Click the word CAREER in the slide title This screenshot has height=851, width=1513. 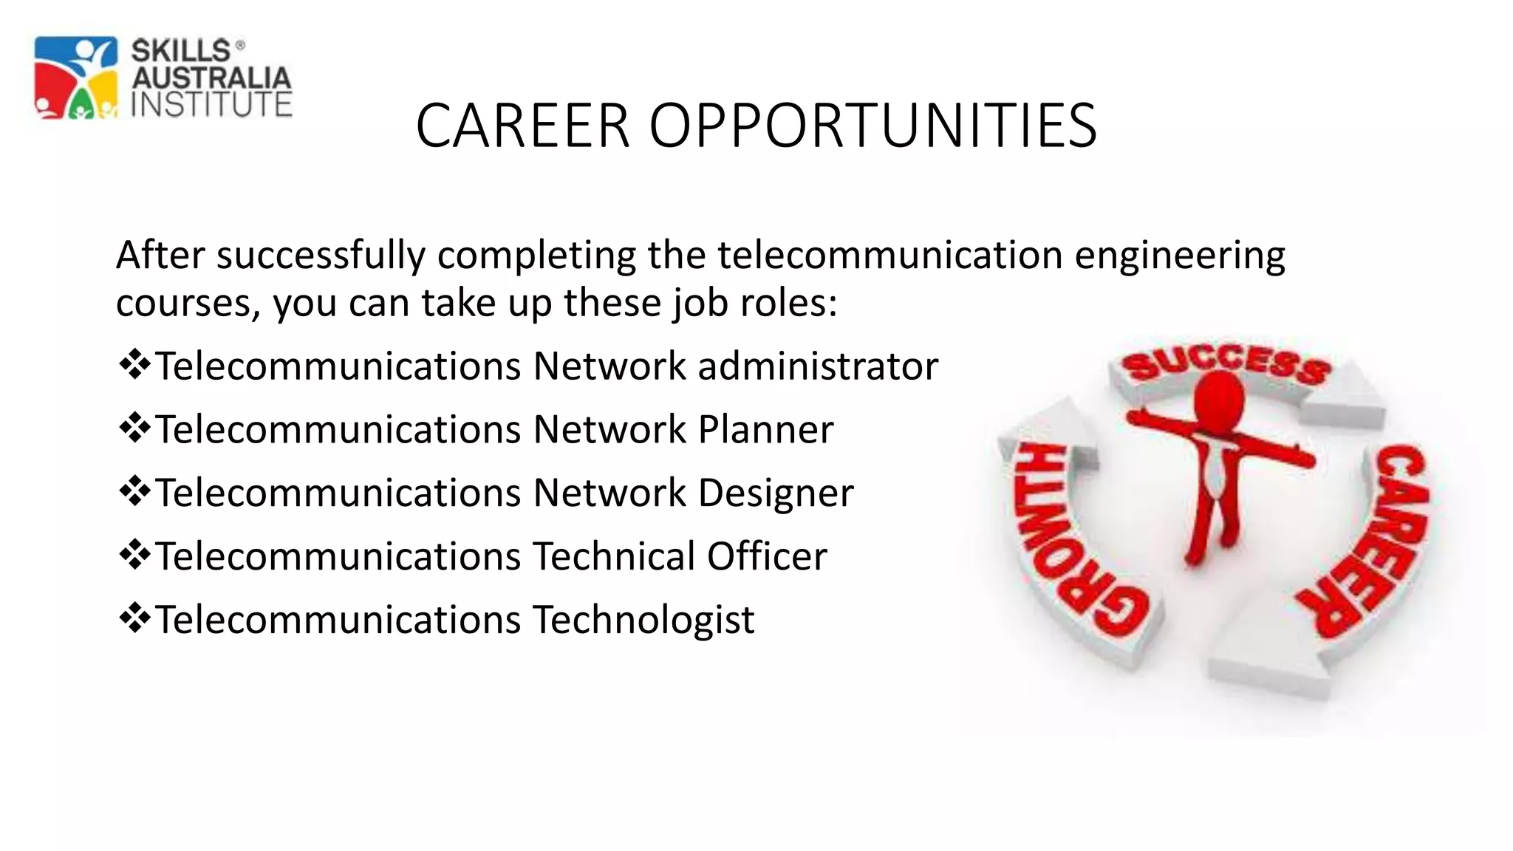tap(522, 126)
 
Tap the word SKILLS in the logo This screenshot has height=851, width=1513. tap(181, 51)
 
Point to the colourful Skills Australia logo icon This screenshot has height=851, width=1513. tap(75, 78)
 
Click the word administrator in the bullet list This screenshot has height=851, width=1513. tap(818, 366)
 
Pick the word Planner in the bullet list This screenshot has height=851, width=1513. tap(765, 430)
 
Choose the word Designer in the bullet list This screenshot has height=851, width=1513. tap(776, 493)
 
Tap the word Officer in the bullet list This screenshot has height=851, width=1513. tap(767, 556)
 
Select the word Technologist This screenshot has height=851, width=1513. tap(643, 620)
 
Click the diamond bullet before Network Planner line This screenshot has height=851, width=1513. tap(134, 428)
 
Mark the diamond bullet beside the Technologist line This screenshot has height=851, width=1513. tap(134, 618)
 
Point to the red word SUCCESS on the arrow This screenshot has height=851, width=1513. tap(1226, 364)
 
